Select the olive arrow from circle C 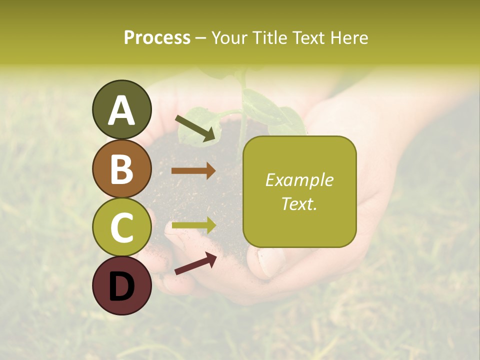[194, 225]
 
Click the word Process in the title [157, 38]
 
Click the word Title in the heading [270, 38]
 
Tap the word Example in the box [299, 180]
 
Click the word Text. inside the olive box [299, 203]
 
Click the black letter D [122, 286]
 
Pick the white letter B [122, 169]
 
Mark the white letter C [122, 228]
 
